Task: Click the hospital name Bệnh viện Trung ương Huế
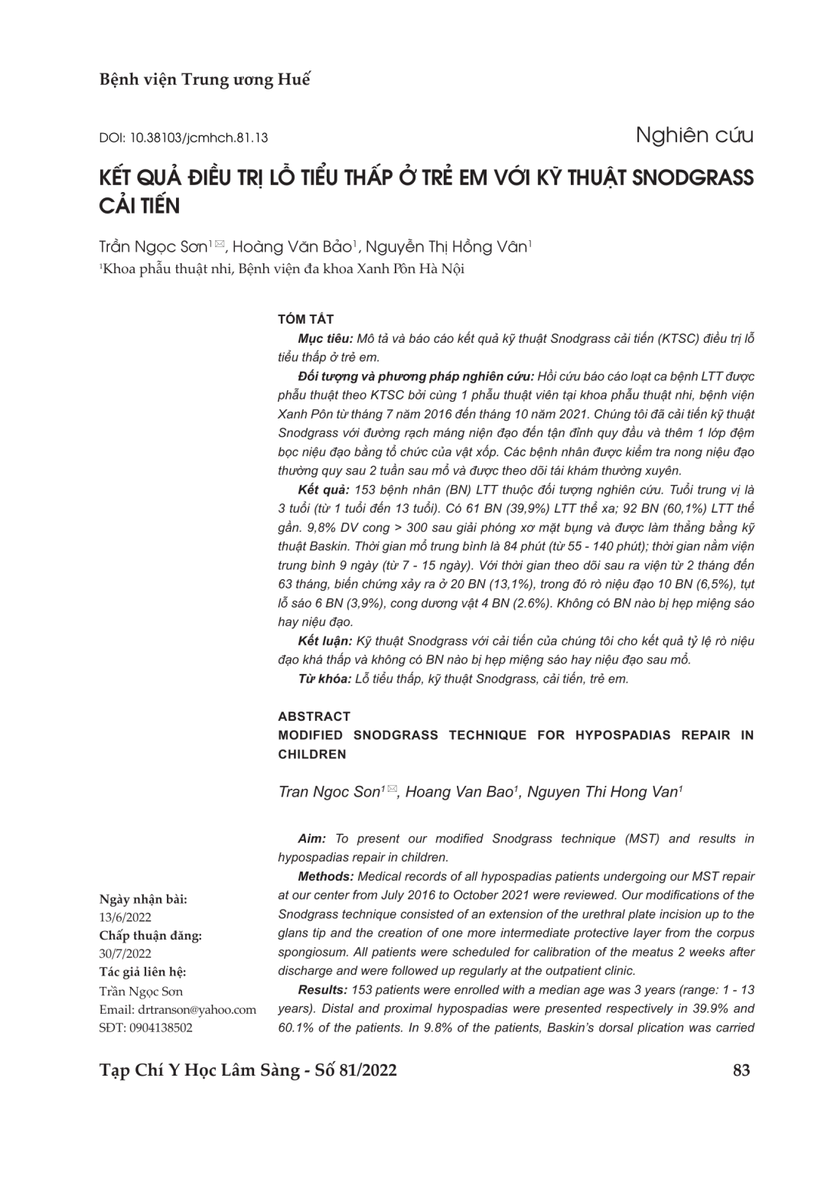(x=204, y=80)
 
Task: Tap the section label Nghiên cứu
(x=694, y=135)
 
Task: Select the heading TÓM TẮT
(x=306, y=320)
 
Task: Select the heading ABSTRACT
(x=314, y=716)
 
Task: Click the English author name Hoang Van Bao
(x=459, y=792)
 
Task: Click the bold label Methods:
(x=325, y=877)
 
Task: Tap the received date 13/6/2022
(x=125, y=917)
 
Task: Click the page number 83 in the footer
(x=741, y=1070)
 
